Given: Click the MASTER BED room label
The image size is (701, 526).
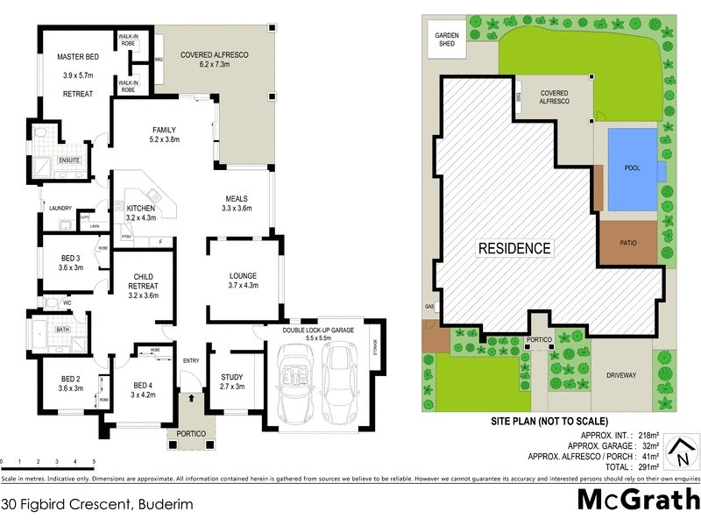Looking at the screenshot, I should click(78, 57).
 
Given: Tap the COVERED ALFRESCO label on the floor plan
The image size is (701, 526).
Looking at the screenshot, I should click(215, 55).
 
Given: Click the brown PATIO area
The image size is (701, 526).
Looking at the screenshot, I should click(627, 243).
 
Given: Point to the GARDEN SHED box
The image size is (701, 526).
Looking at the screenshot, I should click(447, 39).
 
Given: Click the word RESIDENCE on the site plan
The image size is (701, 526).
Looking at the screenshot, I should click(514, 248).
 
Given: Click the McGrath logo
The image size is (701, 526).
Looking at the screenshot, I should click(638, 500).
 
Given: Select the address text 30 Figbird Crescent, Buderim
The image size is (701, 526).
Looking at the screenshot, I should click(96, 504).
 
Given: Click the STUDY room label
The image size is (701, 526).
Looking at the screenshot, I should click(232, 377).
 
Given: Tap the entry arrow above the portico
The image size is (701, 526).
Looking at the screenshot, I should click(191, 399).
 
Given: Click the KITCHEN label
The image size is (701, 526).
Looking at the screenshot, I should click(140, 208).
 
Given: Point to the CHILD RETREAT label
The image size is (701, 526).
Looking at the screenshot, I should click(143, 281).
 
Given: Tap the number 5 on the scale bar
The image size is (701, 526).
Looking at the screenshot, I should click(93, 461).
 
